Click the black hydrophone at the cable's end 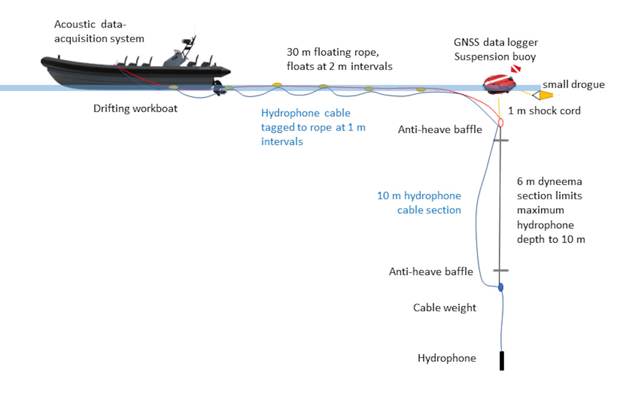tap(502, 361)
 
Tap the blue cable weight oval tap(501, 287)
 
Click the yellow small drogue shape tap(545, 95)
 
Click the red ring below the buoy tap(501, 122)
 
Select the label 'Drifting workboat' tap(135, 109)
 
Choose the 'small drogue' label tap(573, 84)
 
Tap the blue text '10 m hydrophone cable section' tap(419, 202)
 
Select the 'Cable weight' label tap(445, 307)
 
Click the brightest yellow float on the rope tap(277, 84)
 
